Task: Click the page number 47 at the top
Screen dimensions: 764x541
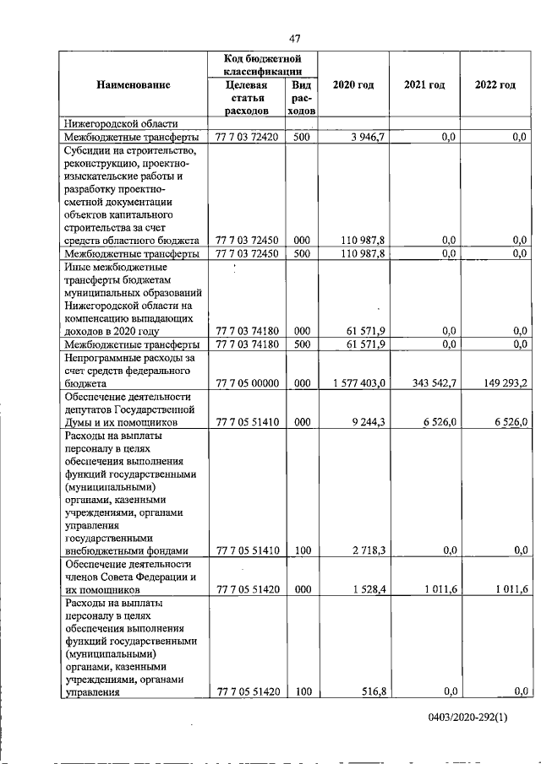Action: point(295,37)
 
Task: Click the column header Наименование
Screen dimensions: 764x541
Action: point(134,84)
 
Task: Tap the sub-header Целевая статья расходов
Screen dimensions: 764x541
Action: point(247,98)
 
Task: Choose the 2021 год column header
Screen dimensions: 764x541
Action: point(424,84)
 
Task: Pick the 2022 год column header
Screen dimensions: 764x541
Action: point(495,84)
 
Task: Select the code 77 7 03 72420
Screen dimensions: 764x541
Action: point(248,137)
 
